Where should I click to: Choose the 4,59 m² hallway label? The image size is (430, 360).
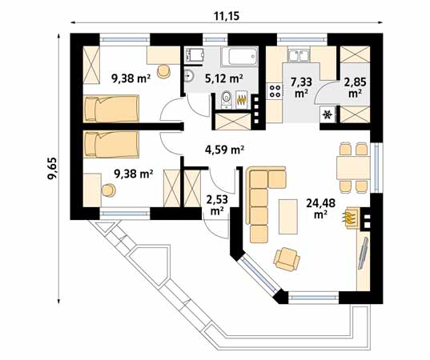point(224,149)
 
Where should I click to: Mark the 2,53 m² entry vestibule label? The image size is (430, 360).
point(216,205)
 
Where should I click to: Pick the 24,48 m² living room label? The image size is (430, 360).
point(320,208)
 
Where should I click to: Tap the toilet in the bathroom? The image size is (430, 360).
point(226,98)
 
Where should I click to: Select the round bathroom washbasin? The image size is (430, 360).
point(189,78)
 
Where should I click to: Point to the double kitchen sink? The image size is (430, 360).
point(298,56)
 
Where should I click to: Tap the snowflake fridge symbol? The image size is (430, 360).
point(327,114)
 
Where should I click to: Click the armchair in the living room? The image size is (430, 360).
point(287,257)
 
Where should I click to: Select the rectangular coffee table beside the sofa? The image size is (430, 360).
point(287,214)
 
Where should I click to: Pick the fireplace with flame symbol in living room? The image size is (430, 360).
point(352,217)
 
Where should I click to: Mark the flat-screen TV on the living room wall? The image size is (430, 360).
point(361,258)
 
